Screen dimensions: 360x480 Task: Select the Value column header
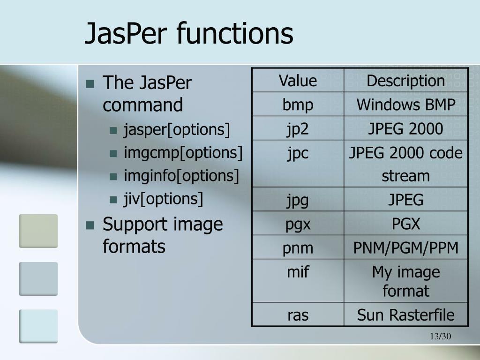tap(298, 81)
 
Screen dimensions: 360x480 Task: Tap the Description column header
tap(405, 81)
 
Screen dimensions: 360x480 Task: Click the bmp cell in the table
tap(298, 105)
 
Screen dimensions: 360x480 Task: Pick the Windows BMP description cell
tap(405, 105)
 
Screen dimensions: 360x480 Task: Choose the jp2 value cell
tap(298, 128)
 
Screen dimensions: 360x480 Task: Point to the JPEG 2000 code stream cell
tap(405, 164)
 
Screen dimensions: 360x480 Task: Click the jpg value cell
tap(298, 200)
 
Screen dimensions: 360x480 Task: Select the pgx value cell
tap(298, 224)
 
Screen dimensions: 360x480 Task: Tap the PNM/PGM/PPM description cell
tap(405, 248)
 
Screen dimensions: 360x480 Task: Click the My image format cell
tap(405, 281)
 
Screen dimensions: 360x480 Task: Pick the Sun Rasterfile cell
tap(405, 315)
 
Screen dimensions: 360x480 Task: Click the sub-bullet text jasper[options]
tap(177, 130)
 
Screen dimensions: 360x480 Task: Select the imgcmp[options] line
tap(183, 153)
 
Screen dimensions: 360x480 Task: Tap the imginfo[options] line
tap(181, 176)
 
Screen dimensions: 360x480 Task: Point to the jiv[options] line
tap(163, 199)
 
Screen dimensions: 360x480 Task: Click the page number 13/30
tap(439, 337)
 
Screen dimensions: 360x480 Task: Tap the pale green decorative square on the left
tap(38, 231)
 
